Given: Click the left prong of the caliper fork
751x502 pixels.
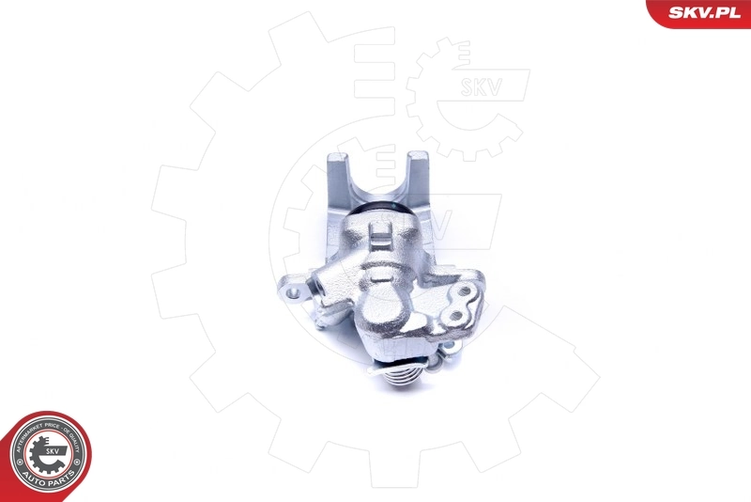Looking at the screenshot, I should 338,179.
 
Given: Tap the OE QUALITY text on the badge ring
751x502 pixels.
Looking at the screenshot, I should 75,442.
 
